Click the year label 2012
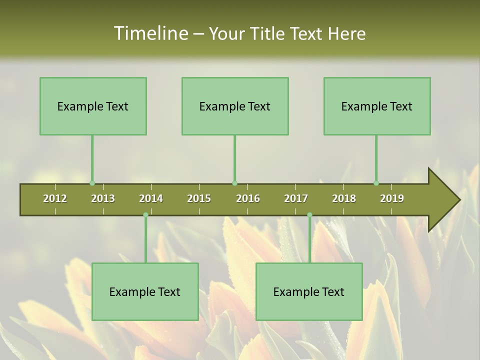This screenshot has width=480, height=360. [55, 198]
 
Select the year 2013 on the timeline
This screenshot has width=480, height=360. [103, 198]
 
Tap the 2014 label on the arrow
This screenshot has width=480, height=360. [151, 198]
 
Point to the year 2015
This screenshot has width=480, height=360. [199, 198]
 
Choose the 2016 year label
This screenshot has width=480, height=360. [248, 198]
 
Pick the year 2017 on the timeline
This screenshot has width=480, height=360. [296, 198]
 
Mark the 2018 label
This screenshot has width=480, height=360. [344, 198]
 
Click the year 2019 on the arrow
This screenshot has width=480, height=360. [392, 198]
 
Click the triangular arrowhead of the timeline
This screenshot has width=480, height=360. [442, 200]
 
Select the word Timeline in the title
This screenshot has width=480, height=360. [150, 33]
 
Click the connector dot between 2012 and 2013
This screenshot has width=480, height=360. [92, 183]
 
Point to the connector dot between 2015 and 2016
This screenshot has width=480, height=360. [234, 183]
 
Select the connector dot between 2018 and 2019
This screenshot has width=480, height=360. [376, 183]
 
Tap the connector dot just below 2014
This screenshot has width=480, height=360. [145, 215]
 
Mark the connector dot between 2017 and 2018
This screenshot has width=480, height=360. [309, 215]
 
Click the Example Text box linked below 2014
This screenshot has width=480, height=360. [145, 291]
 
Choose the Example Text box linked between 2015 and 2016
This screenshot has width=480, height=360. [235, 106]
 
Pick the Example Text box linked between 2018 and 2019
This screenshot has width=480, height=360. [377, 106]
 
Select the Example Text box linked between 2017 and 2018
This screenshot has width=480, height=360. [309, 291]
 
